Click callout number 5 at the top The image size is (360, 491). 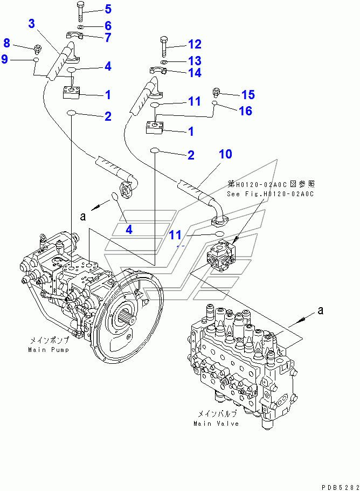coord(108,9)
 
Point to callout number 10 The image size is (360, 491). coord(225,154)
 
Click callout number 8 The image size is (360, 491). coord(7,43)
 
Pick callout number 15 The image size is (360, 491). coord(247,95)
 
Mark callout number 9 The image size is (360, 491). coord(5,59)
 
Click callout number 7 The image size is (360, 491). coord(108,38)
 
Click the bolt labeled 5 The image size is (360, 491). coord(80,11)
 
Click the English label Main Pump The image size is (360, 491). coord(47,350)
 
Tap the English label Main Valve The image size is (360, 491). coord(216,423)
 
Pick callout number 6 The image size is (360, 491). coord(108,25)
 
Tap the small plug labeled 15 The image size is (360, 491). coord(217,91)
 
